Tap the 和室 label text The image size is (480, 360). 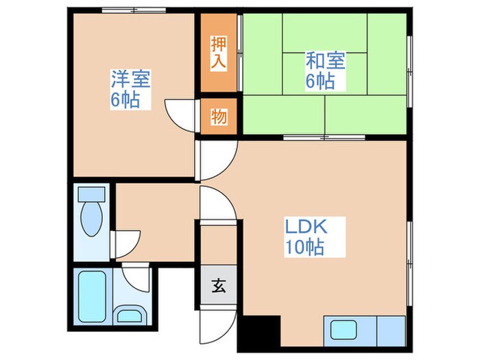325,60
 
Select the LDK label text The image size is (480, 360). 306,226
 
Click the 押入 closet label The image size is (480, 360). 219,53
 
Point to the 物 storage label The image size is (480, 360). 219,117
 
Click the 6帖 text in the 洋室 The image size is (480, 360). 126,100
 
